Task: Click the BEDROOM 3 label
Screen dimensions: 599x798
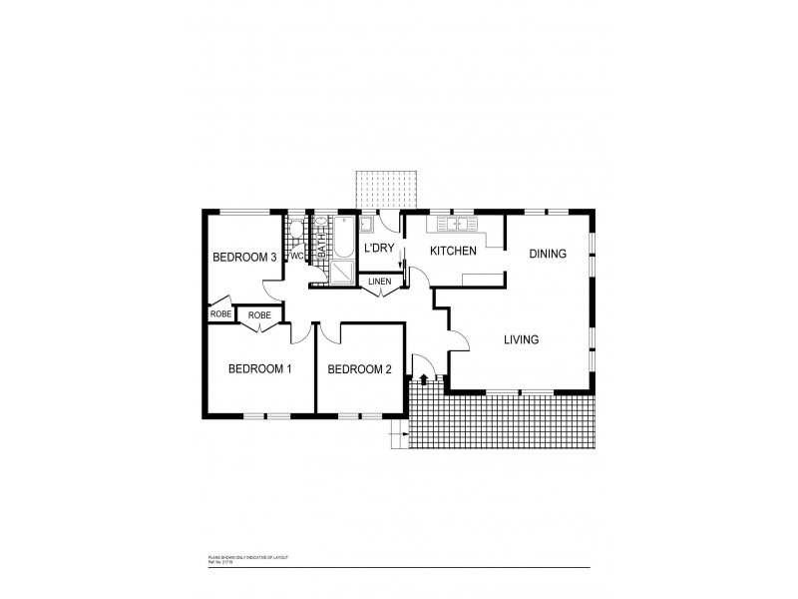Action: pos(244,258)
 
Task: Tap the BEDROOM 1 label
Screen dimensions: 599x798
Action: pos(259,369)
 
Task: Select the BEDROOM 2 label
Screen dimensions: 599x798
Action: pos(359,369)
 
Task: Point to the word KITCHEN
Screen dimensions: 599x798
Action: pos(452,251)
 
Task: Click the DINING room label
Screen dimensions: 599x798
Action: pos(548,254)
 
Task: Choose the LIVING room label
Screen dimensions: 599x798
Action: pos(521,340)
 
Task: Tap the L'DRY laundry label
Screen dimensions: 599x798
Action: pos(380,248)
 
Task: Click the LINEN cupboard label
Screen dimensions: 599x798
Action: pos(380,282)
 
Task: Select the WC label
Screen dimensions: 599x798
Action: pos(296,256)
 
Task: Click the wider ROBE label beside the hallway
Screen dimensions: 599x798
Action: pos(259,315)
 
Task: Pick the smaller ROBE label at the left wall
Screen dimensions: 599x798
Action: pos(219,314)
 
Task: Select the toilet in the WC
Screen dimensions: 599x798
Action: pos(295,233)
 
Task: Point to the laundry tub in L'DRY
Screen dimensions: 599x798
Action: pos(366,224)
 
